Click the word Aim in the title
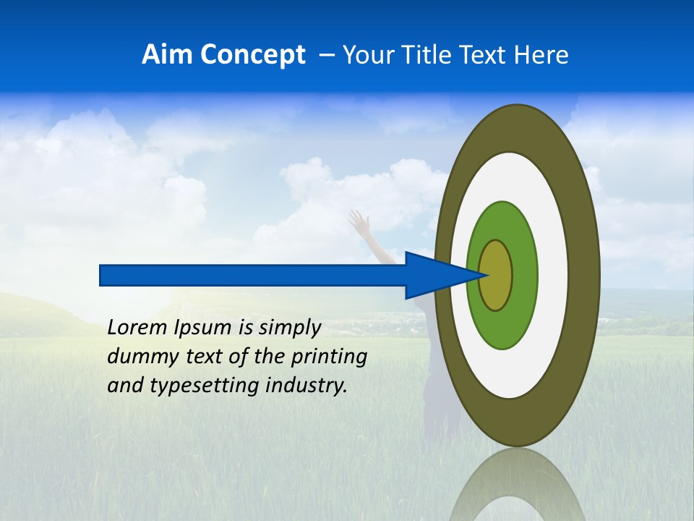pyautogui.click(x=167, y=55)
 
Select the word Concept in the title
pyautogui.click(x=252, y=55)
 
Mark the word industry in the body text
pyautogui.click(x=307, y=386)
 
